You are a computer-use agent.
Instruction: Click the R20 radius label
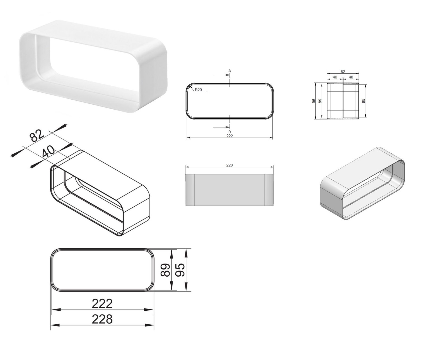click(x=198, y=90)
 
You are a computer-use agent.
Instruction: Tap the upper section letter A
click(x=229, y=71)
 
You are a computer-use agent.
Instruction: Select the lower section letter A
click(x=229, y=131)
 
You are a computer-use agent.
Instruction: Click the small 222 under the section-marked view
click(x=229, y=136)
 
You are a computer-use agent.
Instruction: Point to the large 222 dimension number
click(x=102, y=304)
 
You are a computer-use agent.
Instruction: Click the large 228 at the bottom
click(x=102, y=319)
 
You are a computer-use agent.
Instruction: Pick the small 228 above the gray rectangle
click(x=229, y=165)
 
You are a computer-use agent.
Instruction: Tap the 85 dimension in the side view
click(x=363, y=101)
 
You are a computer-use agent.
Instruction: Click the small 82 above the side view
click(x=343, y=72)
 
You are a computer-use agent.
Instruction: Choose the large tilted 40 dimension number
click(x=49, y=151)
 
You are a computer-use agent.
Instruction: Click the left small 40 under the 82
click(x=335, y=77)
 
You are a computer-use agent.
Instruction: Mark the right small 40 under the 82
click(x=351, y=77)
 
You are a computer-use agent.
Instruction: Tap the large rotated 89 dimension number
click(x=165, y=270)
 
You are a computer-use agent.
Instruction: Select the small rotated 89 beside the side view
click(x=320, y=101)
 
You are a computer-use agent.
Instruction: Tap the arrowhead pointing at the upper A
click(x=227, y=75)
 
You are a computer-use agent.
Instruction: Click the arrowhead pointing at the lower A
click(x=227, y=127)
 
